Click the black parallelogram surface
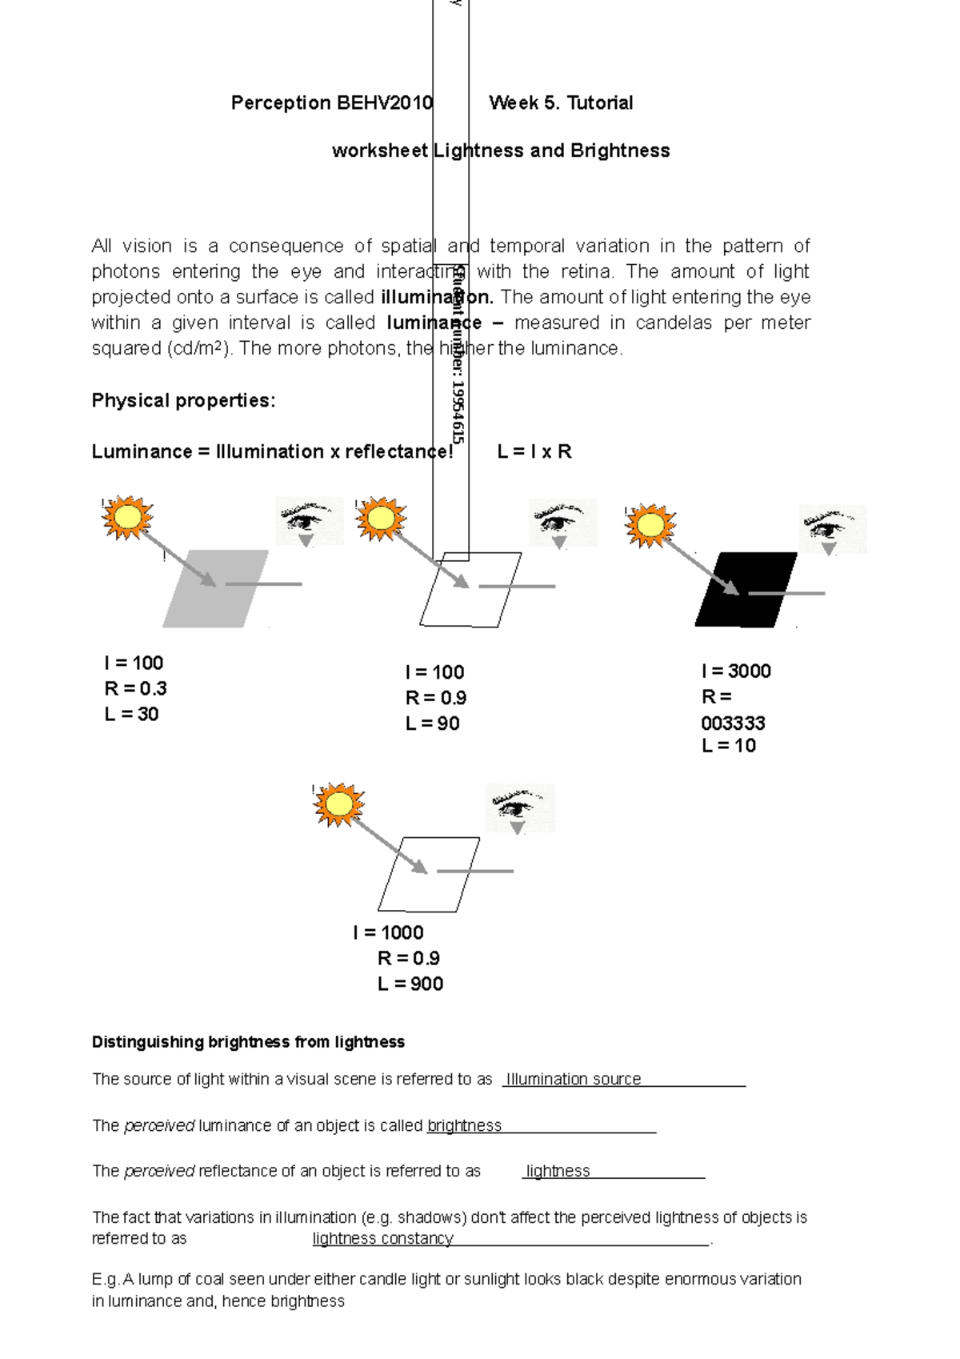click(746, 590)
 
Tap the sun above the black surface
click(650, 525)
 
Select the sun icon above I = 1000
click(338, 804)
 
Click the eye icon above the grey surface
click(309, 521)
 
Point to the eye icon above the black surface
click(832, 528)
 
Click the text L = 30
click(131, 714)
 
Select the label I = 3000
click(736, 671)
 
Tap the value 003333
click(733, 723)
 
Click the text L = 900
click(410, 984)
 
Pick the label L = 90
click(432, 724)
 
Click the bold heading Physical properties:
click(183, 400)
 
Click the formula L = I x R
click(534, 451)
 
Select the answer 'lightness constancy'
click(382, 1238)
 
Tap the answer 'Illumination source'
click(573, 1079)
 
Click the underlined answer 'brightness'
click(464, 1125)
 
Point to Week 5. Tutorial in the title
click(561, 102)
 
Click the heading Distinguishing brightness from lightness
click(248, 1042)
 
